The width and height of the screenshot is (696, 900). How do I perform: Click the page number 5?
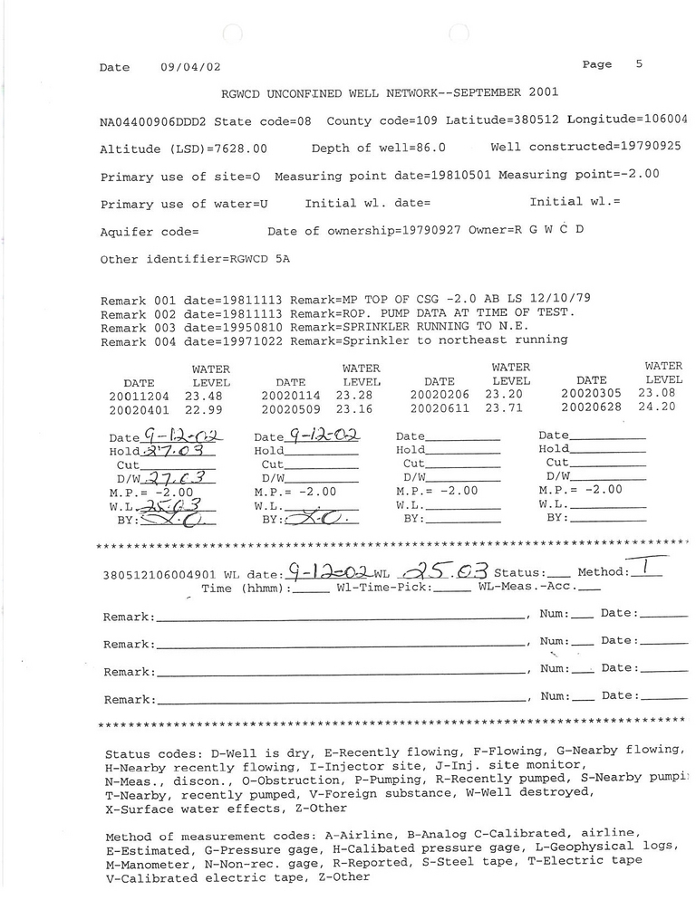pos(639,64)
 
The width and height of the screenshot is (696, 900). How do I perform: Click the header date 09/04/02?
pos(190,67)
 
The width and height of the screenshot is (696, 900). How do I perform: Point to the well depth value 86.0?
pos(429,148)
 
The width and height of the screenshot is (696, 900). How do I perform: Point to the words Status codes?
pos(153,753)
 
